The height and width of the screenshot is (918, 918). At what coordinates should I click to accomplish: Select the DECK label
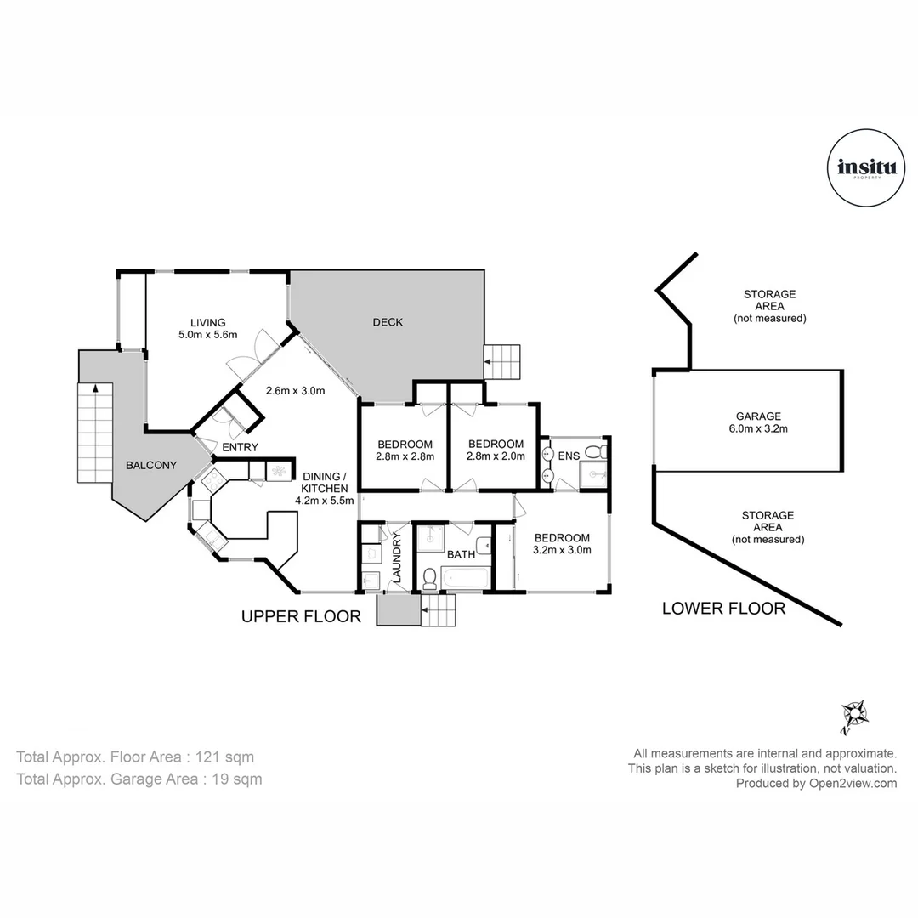[388, 322]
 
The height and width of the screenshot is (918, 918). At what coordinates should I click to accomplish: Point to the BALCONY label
[151, 465]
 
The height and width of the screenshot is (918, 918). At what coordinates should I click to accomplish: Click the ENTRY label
[240, 447]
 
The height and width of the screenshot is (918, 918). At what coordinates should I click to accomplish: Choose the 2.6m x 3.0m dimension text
[296, 391]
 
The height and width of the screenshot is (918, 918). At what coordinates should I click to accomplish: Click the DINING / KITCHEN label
[322, 489]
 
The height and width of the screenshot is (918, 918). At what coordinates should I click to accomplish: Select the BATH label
[461, 555]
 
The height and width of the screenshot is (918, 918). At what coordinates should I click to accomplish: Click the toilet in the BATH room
[430, 578]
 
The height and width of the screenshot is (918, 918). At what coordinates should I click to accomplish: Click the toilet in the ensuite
[600, 450]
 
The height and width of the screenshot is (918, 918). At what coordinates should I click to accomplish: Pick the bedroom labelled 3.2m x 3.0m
[562, 543]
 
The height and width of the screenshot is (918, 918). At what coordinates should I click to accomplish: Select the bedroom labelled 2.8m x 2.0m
[496, 450]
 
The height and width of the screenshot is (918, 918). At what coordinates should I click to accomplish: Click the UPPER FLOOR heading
[301, 616]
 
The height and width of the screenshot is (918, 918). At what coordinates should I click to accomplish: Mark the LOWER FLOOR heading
[723, 608]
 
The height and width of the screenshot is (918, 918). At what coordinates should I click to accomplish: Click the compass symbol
[853, 716]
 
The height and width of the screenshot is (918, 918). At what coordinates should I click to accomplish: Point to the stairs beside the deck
[501, 363]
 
